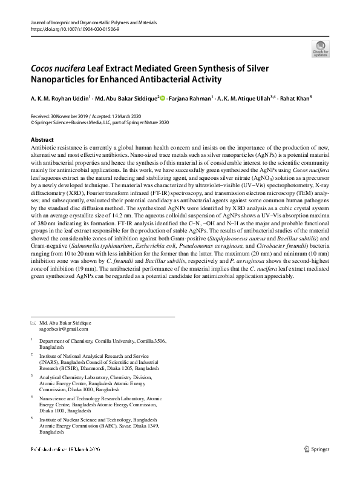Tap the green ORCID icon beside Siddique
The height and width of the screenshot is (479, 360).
pyautogui.click(x=163, y=97)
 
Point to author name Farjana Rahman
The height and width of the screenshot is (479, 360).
pyautogui.click(x=195, y=98)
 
